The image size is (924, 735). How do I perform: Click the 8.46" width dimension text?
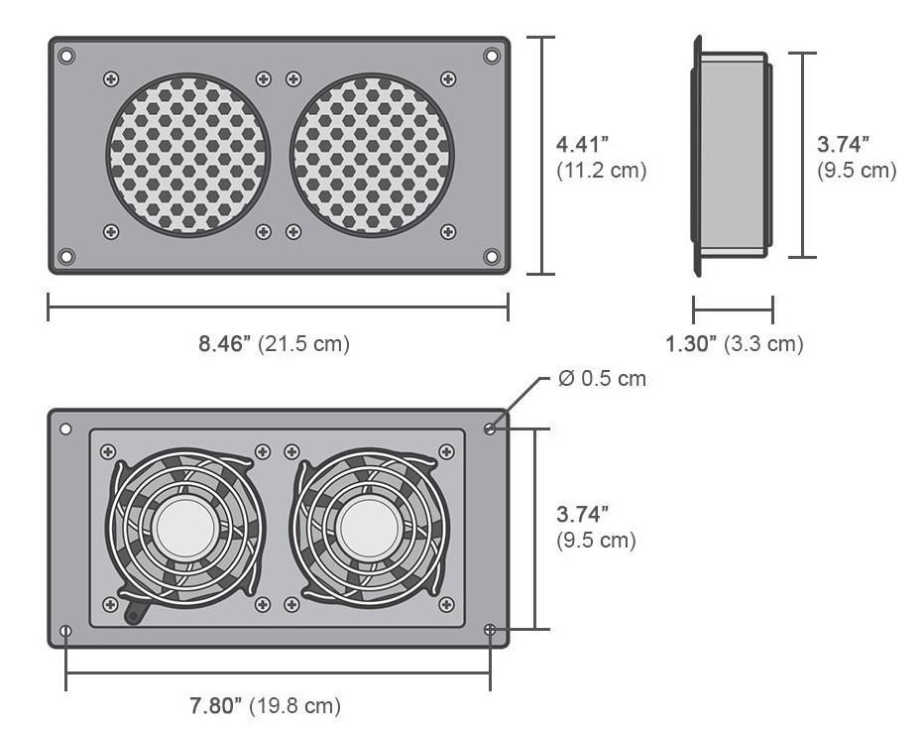(224, 344)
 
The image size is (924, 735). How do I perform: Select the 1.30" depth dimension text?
(691, 344)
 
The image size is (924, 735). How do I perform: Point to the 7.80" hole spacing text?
(215, 706)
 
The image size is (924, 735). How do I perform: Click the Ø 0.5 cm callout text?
(602, 379)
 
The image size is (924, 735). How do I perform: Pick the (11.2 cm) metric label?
(601, 171)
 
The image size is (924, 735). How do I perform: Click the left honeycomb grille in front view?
(187, 156)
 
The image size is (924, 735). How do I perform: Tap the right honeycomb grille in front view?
(372, 156)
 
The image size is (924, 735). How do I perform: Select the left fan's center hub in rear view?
(183, 528)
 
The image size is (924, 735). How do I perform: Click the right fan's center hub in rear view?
(369, 528)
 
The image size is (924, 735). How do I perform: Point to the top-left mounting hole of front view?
(66, 56)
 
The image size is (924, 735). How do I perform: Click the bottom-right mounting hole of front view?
(492, 257)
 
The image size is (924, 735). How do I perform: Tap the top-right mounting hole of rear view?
(490, 429)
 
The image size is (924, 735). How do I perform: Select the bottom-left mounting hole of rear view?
(66, 631)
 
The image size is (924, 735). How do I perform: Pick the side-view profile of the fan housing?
(732, 156)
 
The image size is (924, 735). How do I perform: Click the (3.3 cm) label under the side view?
(762, 344)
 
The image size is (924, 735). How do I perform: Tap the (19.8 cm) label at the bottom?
(294, 706)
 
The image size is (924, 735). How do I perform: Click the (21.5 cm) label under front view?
(303, 344)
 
